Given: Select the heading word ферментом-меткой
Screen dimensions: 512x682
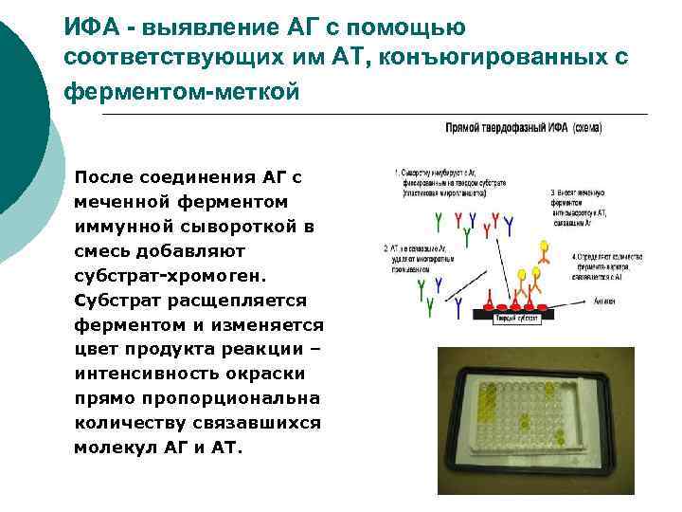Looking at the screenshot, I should (182, 92).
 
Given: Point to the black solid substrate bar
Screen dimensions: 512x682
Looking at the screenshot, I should (506, 315).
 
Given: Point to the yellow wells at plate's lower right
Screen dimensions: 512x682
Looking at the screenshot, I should (559, 438).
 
